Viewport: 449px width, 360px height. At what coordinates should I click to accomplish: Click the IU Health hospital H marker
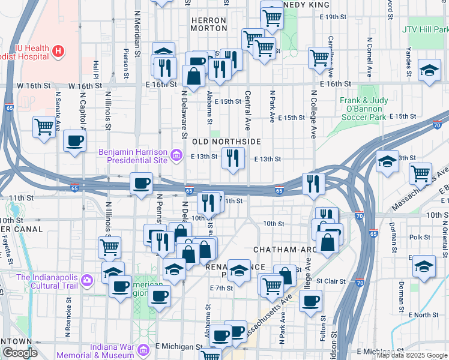pos(58,51)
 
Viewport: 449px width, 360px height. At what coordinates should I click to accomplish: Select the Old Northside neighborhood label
pos(226,141)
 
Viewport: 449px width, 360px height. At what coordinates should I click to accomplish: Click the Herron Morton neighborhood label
pos(208,24)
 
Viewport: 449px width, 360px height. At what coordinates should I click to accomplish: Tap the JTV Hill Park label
pos(426,29)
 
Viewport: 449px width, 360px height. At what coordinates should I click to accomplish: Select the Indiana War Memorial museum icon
pos(143,350)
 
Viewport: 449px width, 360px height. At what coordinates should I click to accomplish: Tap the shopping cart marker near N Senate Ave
pos(45,127)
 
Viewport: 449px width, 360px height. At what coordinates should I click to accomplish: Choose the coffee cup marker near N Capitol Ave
pos(74,141)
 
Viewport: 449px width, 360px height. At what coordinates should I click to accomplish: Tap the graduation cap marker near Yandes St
pos(429,71)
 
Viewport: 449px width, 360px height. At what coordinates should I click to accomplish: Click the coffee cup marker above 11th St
pos(142,183)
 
